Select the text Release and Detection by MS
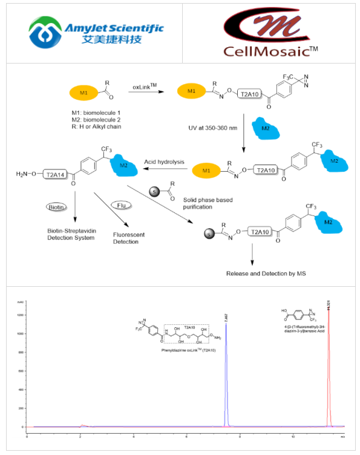tap(266, 273)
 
